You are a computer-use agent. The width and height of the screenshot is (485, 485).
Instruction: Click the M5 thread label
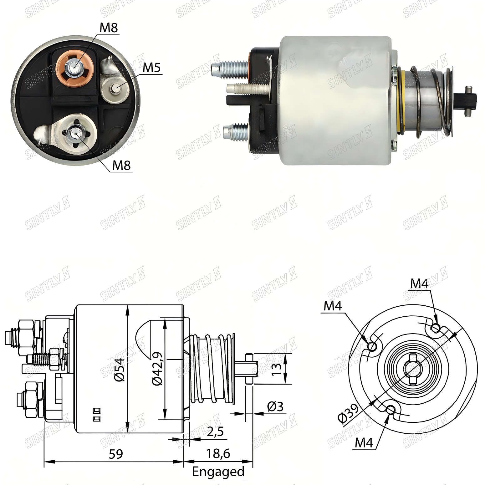tap(152, 67)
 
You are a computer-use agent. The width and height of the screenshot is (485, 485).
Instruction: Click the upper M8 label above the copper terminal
tap(109, 28)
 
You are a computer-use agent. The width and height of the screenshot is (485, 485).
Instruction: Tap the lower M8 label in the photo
tap(121, 165)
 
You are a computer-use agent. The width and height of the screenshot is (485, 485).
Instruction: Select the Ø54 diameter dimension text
tap(120, 370)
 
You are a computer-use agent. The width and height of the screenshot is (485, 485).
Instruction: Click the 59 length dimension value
tap(116, 454)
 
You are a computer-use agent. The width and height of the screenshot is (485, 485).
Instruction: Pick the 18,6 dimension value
tap(218, 453)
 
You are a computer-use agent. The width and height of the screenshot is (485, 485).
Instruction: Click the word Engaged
tap(218, 471)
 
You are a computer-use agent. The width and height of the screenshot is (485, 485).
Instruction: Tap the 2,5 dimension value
tap(215, 432)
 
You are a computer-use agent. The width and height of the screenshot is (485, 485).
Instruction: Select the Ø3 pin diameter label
tap(275, 406)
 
